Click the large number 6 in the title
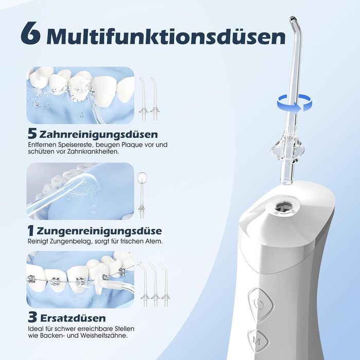point(31,33)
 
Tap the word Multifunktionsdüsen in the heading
point(166,36)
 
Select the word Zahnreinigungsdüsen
point(99,134)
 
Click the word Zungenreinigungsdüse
point(99,231)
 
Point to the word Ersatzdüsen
point(73,318)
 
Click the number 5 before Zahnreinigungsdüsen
point(32,134)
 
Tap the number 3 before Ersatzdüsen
point(32,317)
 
